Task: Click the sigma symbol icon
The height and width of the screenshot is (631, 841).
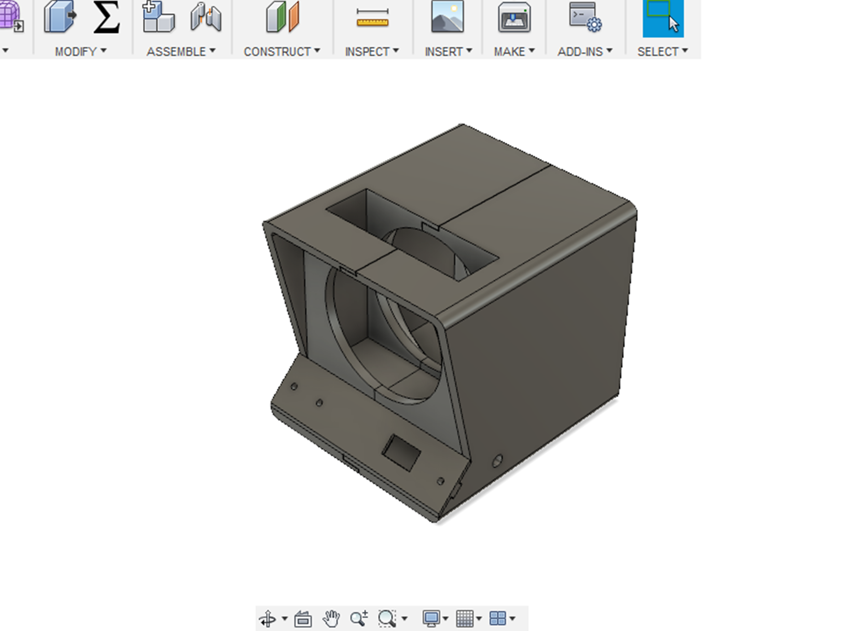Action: click(x=107, y=17)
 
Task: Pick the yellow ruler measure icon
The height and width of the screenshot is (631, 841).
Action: click(x=372, y=18)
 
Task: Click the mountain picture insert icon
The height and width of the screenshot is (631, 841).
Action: click(x=447, y=16)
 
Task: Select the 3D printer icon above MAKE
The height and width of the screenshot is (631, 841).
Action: click(x=514, y=17)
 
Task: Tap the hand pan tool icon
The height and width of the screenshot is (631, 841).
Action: click(x=331, y=619)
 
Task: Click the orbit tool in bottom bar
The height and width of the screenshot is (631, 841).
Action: click(x=268, y=619)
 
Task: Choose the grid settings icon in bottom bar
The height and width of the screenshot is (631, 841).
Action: click(x=464, y=619)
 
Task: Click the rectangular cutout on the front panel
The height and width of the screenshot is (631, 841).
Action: click(x=402, y=453)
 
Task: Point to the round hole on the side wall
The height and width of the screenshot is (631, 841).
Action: click(x=497, y=461)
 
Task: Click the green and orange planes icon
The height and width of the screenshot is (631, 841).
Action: click(x=283, y=17)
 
